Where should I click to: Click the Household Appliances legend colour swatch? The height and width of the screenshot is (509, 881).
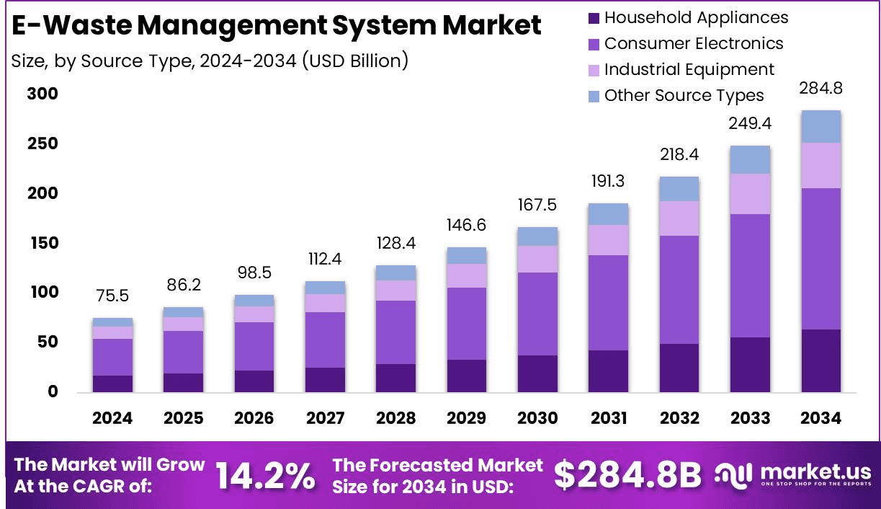pyautogui.click(x=594, y=18)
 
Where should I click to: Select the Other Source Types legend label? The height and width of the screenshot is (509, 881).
pyautogui.click(x=684, y=95)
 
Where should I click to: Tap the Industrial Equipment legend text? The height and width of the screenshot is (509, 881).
pyautogui.click(x=689, y=69)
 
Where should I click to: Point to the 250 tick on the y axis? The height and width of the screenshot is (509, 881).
pyautogui.click(x=43, y=144)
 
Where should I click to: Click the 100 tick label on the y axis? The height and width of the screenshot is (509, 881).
pyautogui.click(x=43, y=293)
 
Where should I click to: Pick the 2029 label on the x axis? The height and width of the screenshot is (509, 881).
pyautogui.click(x=467, y=418)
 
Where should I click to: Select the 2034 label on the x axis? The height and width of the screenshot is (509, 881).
pyautogui.click(x=821, y=418)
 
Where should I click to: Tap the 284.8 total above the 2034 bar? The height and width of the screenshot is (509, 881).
pyautogui.click(x=821, y=89)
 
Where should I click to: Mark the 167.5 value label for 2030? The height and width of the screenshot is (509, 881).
pyautogui.click(x=537, y=205)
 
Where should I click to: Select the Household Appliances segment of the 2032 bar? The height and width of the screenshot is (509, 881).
pyautogui.click(x=679, y=368)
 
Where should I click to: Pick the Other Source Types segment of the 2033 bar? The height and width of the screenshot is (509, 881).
pyautogui.click(x=750, y=159)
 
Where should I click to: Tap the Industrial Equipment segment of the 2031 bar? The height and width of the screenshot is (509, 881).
pyautogui.click(x=609, y=239)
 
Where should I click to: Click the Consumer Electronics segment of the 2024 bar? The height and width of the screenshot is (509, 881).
pyautogui.click(x=112, y=357)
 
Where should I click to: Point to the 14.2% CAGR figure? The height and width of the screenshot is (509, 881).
pyautogui.click(x=265, y=476)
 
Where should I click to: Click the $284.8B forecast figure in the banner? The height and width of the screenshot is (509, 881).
pyautogui.click(x=627, y=475)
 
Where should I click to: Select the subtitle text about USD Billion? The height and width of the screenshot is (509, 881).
pyautogui.click(x=210, y=61)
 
